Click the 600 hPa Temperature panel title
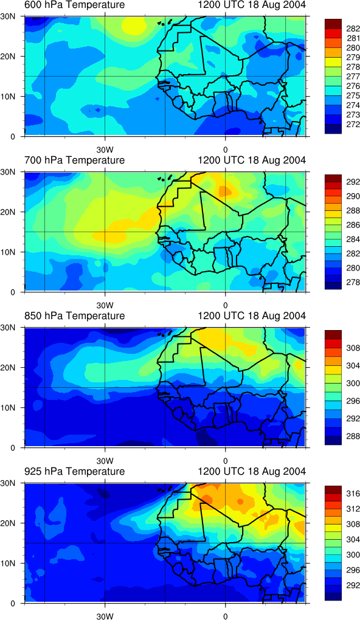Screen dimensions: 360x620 point(74,5)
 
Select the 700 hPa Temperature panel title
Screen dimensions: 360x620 point(74,160)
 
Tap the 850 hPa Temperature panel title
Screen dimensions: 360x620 point(74,316)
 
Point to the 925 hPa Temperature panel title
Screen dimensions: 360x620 point(74,471)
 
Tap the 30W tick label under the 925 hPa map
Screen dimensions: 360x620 point(105,616)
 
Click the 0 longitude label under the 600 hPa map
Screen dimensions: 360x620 point(225,150)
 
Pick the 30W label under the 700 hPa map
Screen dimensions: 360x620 point(105,305)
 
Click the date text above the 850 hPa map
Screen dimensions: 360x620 point(252,316)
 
